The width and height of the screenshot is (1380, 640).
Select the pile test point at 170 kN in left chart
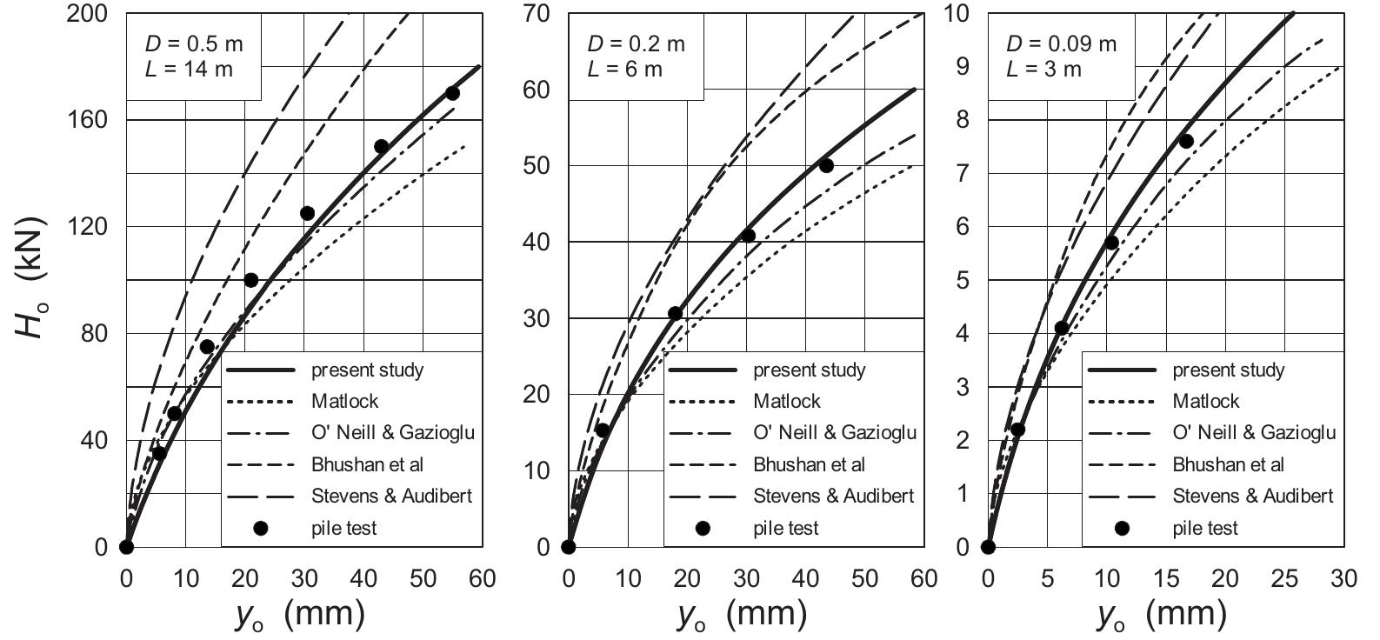452,93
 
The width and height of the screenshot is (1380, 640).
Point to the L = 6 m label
624,70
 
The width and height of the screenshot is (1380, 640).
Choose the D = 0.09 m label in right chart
1061,43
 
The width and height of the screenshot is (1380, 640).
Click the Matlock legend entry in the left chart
345,402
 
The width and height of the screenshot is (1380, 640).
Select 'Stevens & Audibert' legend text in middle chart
833,496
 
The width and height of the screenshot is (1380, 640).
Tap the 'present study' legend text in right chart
1228,370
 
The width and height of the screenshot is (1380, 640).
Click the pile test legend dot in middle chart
703,528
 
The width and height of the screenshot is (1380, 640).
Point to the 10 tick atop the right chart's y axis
956,14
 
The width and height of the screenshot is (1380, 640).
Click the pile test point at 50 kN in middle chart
826,165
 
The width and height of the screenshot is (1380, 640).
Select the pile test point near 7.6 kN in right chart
1186,141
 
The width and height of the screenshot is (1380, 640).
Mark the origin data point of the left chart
126,547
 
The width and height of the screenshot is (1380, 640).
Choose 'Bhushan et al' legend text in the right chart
1228,464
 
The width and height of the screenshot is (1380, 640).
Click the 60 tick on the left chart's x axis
482,578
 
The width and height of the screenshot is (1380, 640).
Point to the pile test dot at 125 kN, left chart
307,213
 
